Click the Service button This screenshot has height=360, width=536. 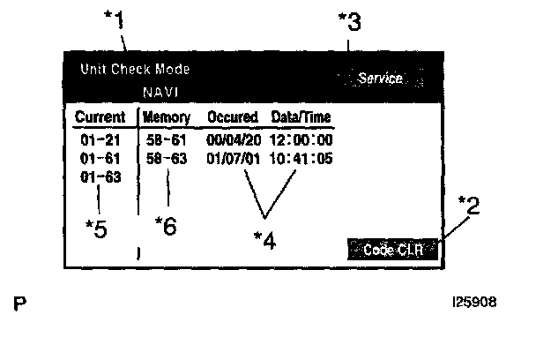point(380,79)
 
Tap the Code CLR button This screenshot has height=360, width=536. point(393,250)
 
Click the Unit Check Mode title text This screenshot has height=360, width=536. point(135,69)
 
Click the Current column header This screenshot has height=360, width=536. point(100,117)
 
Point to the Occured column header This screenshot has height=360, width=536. point(232,117)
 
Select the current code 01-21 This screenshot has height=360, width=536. point(93,140)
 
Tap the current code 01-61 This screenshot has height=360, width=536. point(93,158)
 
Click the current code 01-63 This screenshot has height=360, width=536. point(93,176)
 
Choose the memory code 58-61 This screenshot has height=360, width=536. point(166,140)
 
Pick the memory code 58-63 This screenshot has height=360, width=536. point(166,158)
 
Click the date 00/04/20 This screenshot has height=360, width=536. point(231,140)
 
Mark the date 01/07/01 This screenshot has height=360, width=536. point(231,158)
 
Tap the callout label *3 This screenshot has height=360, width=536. point(349,23)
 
